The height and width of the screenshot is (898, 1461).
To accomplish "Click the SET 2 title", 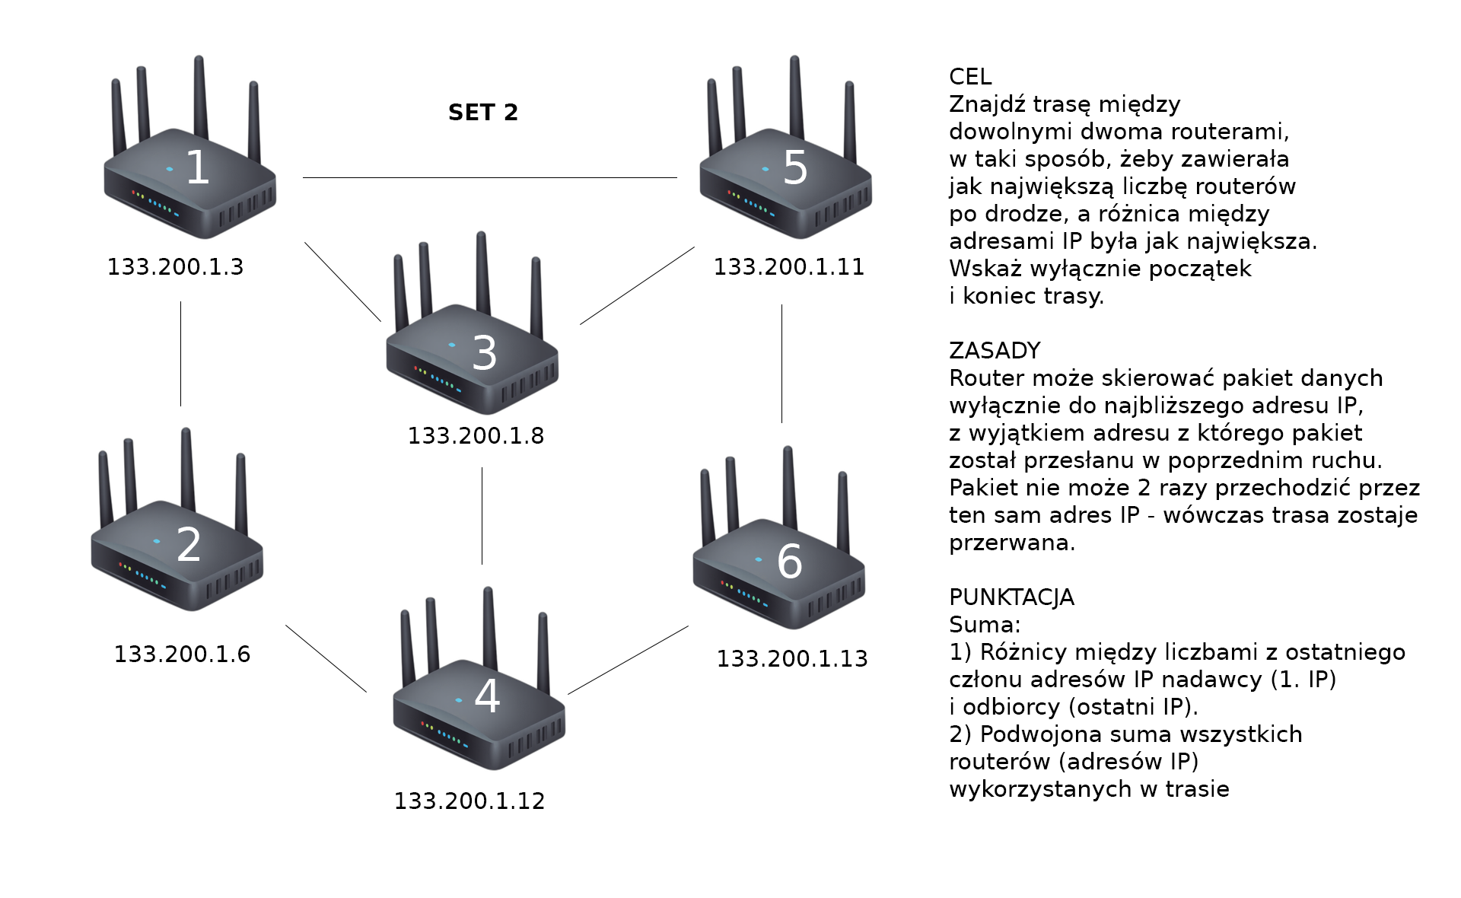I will [x=483, y=113].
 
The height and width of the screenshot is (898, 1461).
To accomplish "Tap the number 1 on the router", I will [x=198, y=167].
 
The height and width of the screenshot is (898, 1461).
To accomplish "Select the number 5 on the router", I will [x=795, y=167].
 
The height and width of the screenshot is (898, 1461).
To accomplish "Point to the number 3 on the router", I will [x=484, y=353].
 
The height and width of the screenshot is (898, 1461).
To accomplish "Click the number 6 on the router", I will [x=790, y=562].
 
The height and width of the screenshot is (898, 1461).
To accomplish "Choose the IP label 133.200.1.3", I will [x=175, y=267].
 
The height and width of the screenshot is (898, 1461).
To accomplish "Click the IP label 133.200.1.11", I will [x=788, y=267].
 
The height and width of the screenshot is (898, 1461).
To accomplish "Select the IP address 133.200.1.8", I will [x=476, y=436].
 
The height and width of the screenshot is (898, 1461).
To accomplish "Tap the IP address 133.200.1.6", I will [x=182, y=654].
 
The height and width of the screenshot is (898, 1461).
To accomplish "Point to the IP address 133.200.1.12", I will [x=469, y=801].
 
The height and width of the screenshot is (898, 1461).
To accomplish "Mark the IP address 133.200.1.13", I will [x=791, y=659].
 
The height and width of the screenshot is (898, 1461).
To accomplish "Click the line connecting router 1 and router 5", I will [x=489, y=177].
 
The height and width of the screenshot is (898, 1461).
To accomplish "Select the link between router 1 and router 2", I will [x=180, y=354].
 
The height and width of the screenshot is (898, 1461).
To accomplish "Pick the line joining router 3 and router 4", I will [x=482, y=516].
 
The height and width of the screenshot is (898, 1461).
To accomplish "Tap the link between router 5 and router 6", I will [x=781, y=364].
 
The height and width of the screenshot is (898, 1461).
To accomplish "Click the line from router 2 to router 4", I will [x=326, y=658].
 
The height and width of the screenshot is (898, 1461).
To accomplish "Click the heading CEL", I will [x=970, y=77].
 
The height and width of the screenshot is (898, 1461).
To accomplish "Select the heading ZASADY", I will [x=995, y=351].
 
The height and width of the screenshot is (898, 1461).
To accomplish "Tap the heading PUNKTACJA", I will [x=1011, y=597].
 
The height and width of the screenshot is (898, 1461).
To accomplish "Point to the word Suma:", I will [x=985, y=625].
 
